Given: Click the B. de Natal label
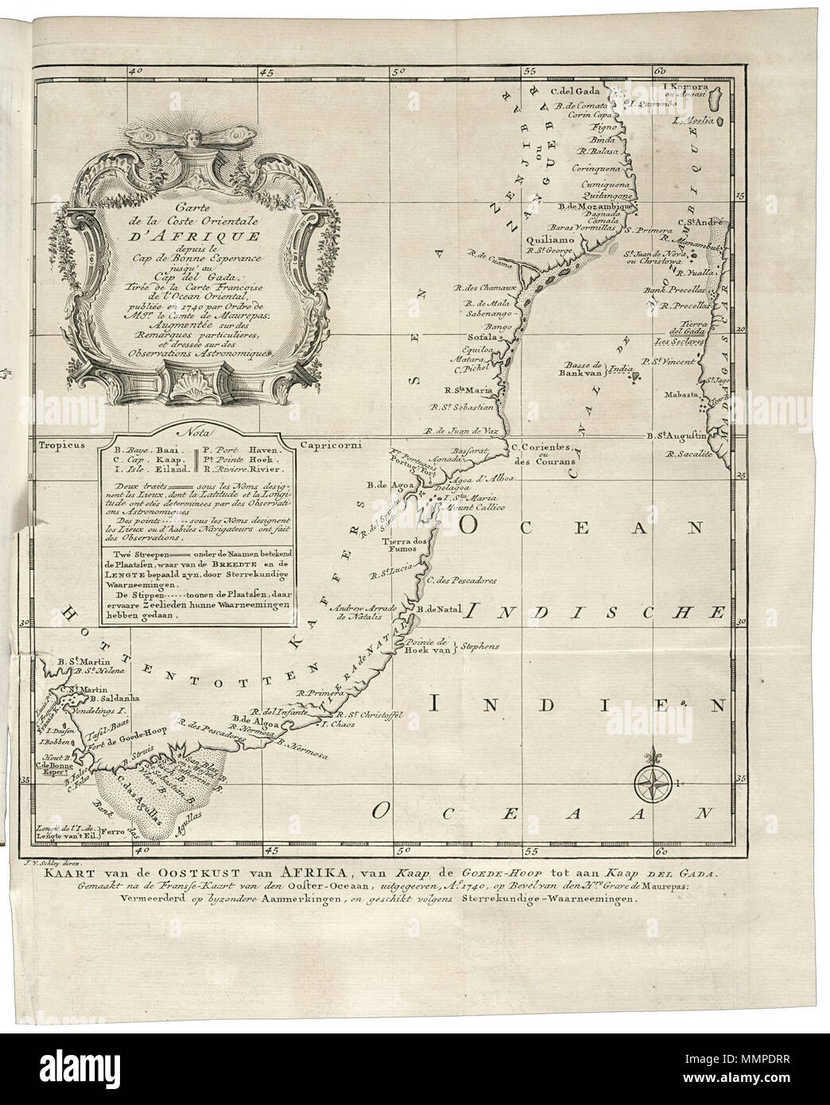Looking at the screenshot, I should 436,609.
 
